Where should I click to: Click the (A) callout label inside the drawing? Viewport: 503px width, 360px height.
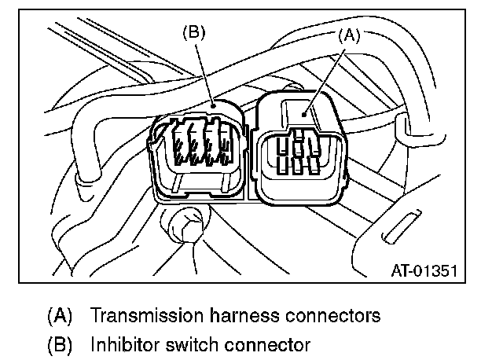tap(351, 35)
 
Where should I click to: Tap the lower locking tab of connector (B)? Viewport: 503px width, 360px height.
tap(204, 192)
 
